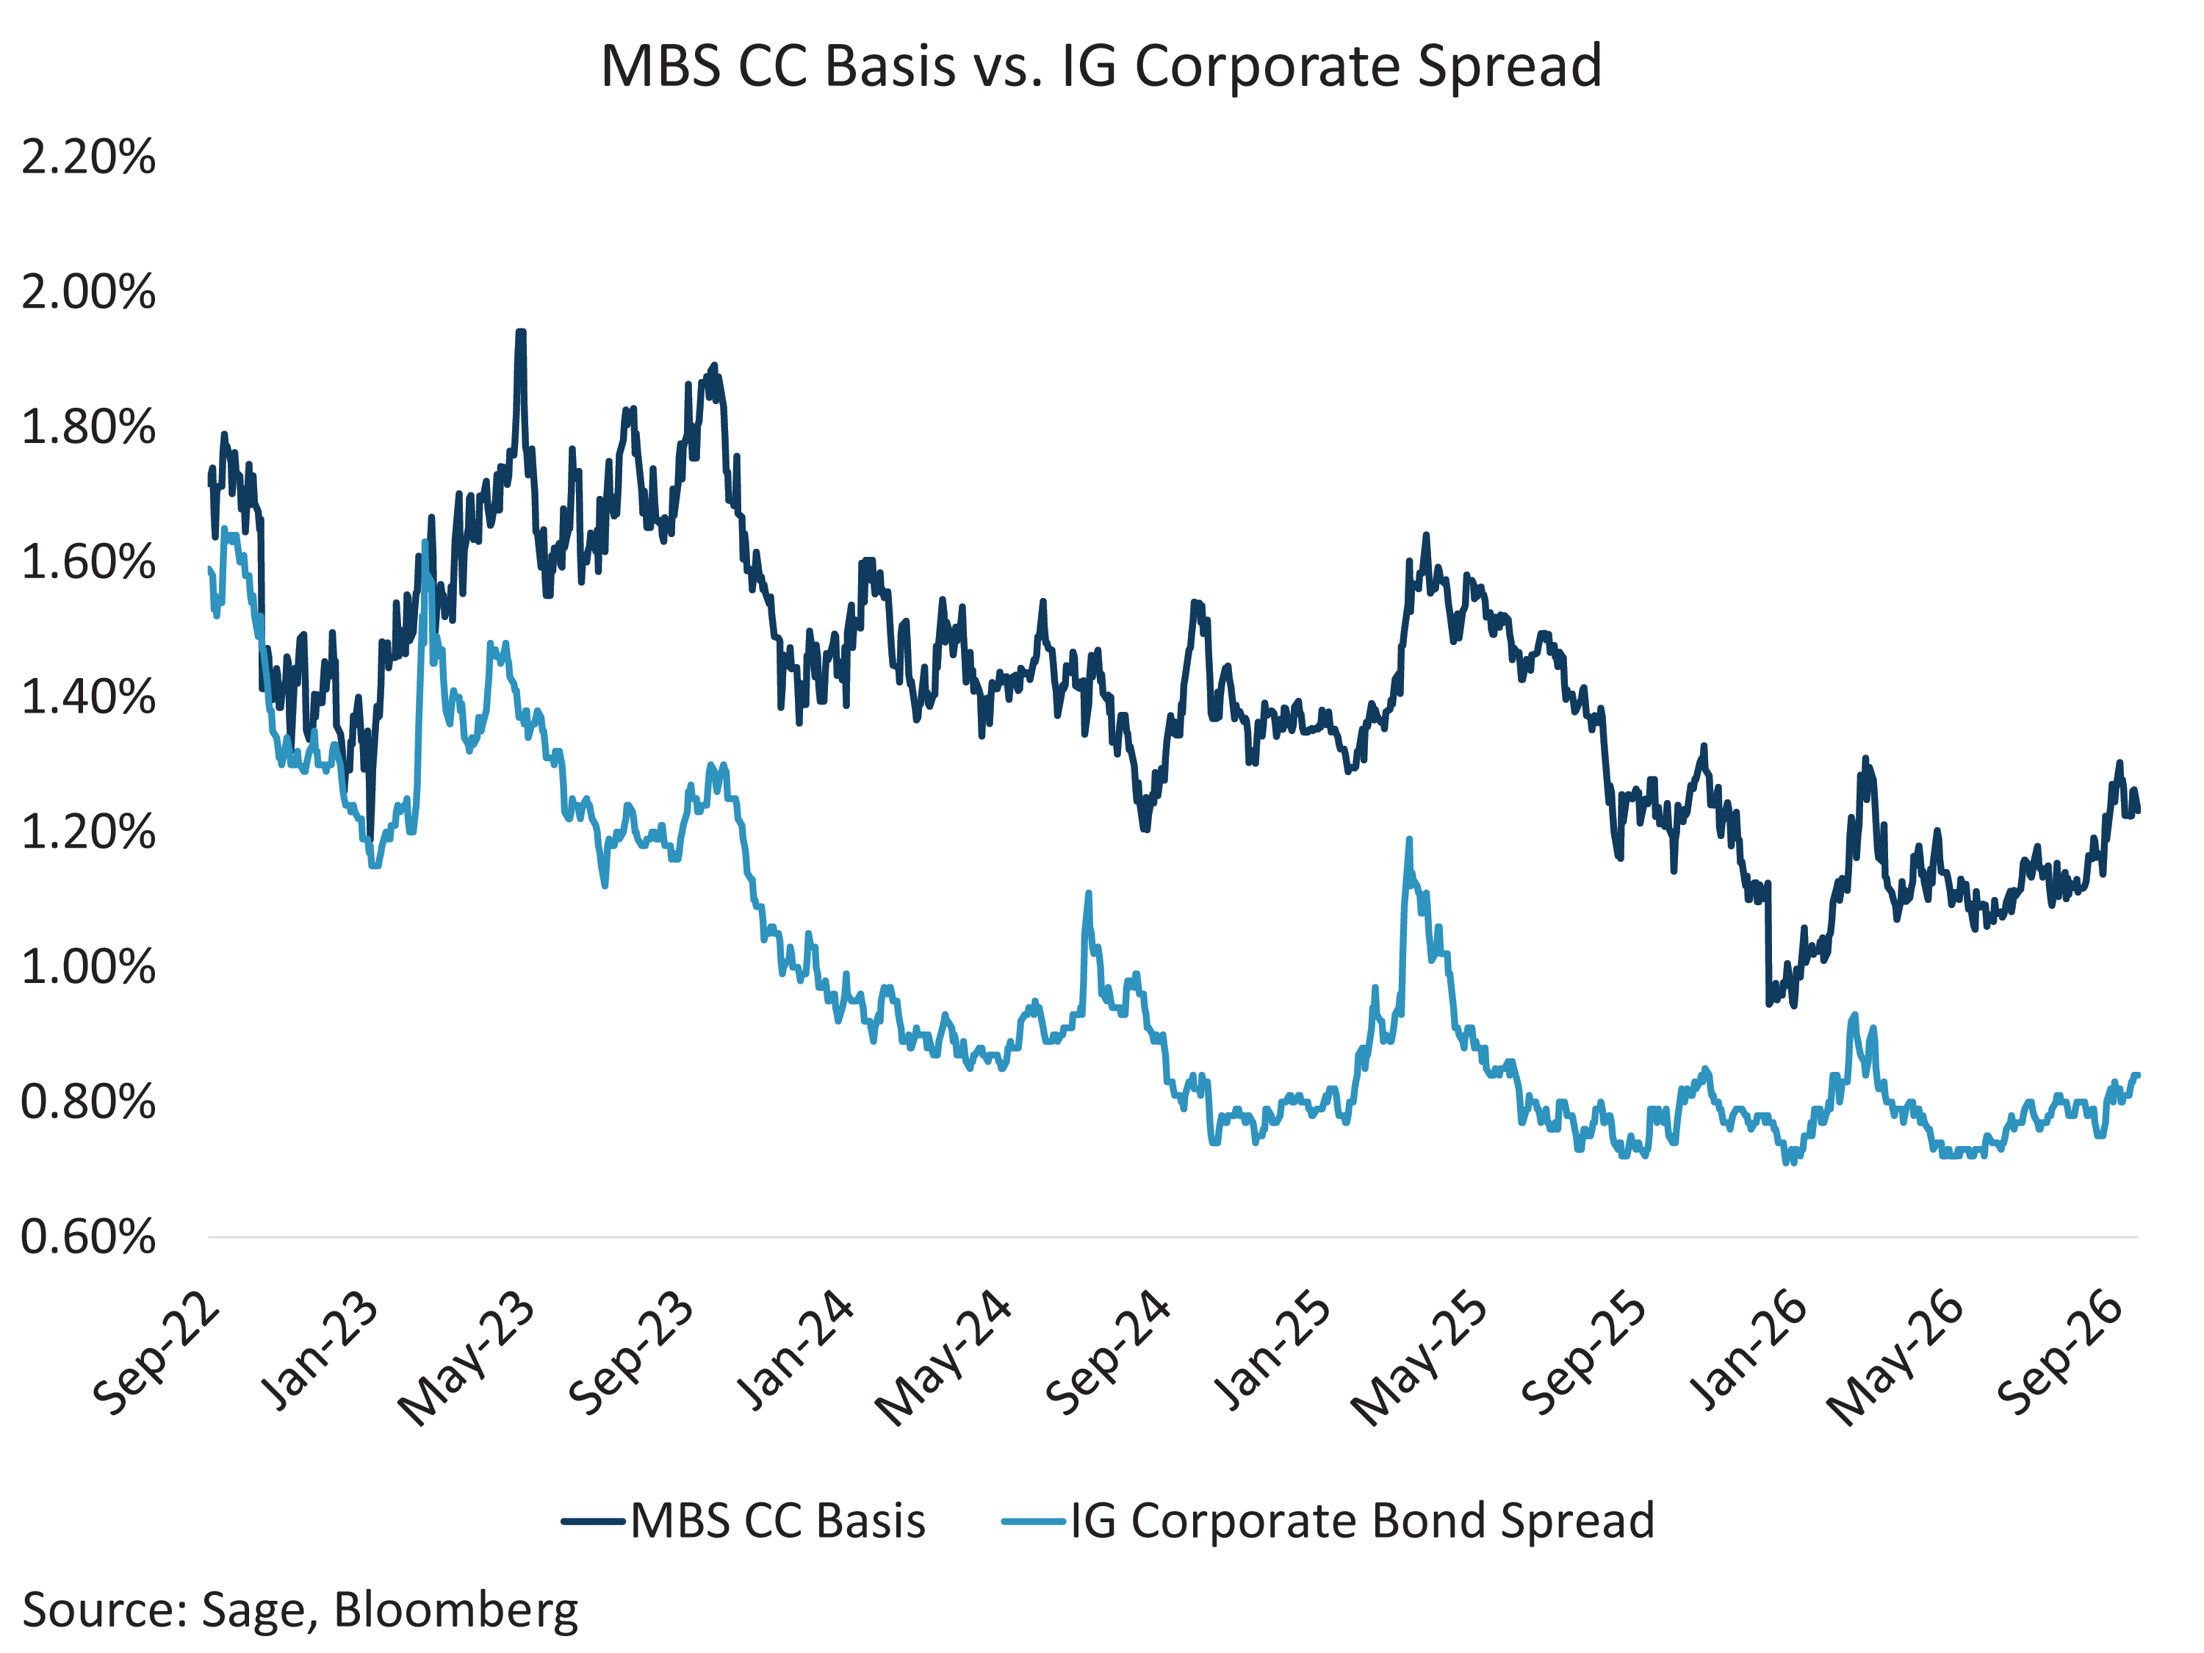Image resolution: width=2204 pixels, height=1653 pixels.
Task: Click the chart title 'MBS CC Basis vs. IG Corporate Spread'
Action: tap(1101, 66)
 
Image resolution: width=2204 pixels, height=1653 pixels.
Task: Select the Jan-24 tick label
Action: tap(794, 1350)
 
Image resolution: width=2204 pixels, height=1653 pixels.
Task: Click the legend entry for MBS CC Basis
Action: tap(743, 1521)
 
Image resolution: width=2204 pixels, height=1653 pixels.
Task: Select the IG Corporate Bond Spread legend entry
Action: tap(1328, 1521)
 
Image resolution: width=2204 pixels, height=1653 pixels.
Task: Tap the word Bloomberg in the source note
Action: tap(455, 1611)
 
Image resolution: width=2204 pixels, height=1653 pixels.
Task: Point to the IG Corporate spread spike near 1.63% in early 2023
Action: tap(425, 542)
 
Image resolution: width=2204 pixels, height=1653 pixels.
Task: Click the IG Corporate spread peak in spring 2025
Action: tap(1409, 839)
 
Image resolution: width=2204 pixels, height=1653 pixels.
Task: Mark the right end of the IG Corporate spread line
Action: tap(2138, 1075)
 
